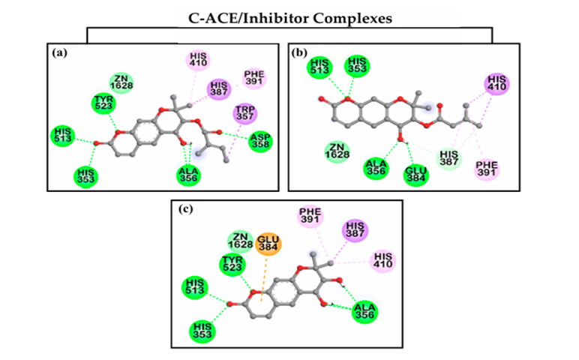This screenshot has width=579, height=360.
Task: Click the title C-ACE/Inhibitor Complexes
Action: tap(289, 16)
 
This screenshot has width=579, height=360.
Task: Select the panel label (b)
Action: tap(298, 52)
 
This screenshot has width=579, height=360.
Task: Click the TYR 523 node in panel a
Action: tap(103, 102)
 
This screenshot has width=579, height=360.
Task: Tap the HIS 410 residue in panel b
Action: tap(496, 82)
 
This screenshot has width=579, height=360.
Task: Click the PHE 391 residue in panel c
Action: tap(310, 217)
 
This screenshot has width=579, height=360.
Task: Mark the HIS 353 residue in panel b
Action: tap(357, 66)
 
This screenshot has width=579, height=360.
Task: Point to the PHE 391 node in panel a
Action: tap(254, 77)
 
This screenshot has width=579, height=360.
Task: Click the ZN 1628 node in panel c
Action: tap(241, 241)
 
